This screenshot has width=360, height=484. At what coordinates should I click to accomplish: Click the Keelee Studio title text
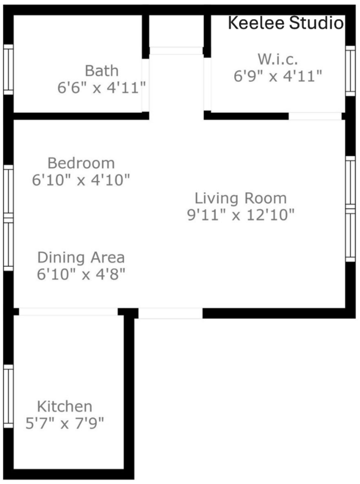coord(285,23)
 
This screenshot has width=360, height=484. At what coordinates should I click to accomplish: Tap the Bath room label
coord(102,70)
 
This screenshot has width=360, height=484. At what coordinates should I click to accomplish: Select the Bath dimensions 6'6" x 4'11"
coord(102,88)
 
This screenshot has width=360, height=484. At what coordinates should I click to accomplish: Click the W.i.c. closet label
coord(278,59)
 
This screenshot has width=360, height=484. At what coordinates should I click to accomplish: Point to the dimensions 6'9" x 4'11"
coord(278,76)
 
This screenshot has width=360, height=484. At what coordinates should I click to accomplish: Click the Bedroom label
coord(81,163)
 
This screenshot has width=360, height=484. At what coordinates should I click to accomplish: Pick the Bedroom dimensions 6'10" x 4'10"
coord(81,180)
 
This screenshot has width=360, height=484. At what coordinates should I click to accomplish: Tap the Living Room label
coord(241,198)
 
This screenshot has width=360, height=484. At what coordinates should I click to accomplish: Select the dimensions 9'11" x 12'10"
coord(241,215)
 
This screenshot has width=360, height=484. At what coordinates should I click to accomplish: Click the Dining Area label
coord(81,258)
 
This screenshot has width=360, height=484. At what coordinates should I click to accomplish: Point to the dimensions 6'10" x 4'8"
coord(81,274)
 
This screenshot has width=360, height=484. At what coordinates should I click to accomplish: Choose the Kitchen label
coord(64,407)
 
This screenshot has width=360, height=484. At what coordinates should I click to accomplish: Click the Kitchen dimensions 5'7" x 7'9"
coord(64,423)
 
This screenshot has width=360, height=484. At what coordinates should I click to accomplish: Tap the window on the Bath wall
coord(9,69)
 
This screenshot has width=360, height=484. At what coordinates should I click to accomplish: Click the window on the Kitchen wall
coord(9,396)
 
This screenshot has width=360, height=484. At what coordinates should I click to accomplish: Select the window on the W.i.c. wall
coord(350,70)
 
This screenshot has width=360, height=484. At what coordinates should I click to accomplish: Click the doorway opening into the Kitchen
coord(68,311)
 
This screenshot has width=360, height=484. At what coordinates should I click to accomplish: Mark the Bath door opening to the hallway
coord(145,85)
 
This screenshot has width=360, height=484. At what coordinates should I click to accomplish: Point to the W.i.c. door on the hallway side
coord(207,84)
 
